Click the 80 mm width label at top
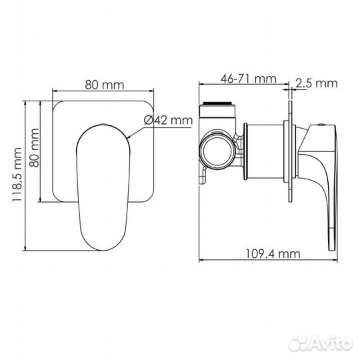pyautogui.click(x=104, y=85)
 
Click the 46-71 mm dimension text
pyautogui.click(x=247, y=79)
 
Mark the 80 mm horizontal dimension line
pyautogui.click(x=104, y=92)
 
